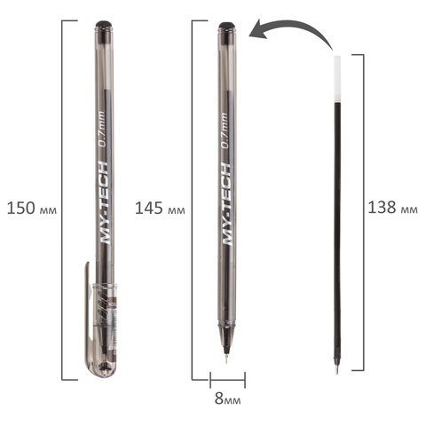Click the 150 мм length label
tap(32, 209)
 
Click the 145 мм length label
tap(160, 209)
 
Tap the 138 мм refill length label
tap(392, 208)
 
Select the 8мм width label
tap(227, 399)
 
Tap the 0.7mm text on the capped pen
tap(102, 130)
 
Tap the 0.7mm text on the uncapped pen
tap(225, 130)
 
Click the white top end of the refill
tap(336, 79)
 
